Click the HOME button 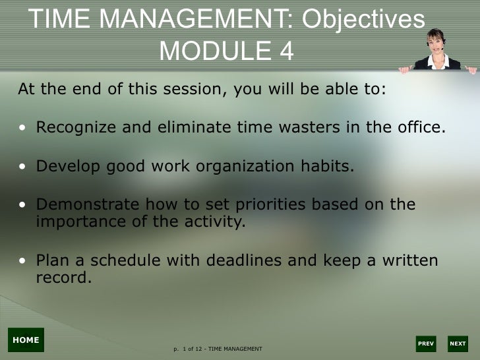coord(26,340)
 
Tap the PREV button coord(426,344)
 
